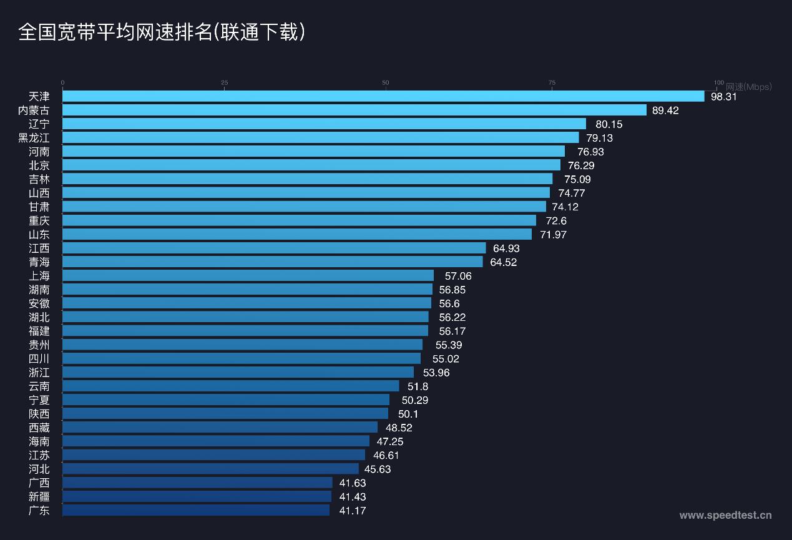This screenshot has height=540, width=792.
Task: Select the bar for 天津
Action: pos(383,96)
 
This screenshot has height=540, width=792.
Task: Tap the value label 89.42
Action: pos(665,110)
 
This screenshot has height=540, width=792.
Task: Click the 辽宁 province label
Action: pos(39,124)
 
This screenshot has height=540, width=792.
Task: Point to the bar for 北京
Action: pos(311,165)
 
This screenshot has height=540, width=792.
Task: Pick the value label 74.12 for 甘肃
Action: pos(565,207)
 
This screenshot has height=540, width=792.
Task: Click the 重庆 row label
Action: pos(39,220)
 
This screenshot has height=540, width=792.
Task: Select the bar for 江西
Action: pos(274,248)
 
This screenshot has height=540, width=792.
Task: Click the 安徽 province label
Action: pos(39,303)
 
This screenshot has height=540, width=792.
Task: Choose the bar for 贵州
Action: pos(242,345)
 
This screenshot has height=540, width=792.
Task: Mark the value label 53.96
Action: pos(436,373)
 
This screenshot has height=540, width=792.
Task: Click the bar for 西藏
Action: pos(220,427)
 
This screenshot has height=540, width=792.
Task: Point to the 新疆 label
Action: pos(39,496)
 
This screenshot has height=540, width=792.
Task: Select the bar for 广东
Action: pos(196,510)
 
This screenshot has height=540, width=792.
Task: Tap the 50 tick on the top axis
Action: pos(386,82)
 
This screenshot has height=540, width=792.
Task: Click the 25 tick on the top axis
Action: pos(224,82)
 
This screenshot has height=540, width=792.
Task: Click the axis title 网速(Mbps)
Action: pos(749,87)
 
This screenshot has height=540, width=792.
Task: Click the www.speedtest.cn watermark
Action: pos(725,515)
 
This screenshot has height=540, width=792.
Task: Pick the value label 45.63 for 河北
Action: pos(378,469)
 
